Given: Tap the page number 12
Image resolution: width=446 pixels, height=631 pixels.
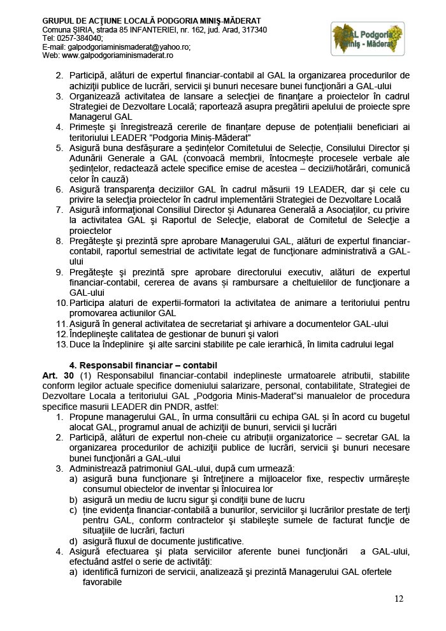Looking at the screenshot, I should pos(399,598).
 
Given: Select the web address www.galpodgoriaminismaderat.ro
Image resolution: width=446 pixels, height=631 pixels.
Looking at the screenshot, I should pos(114,55).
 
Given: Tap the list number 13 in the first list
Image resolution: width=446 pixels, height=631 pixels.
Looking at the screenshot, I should pos(61,344).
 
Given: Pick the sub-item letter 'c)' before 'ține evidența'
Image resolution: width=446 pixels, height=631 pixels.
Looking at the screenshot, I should pos(73,510).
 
